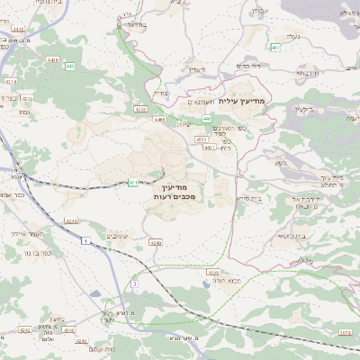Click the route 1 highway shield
[x=84, y=241]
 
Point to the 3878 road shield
[x=346, y=332]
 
